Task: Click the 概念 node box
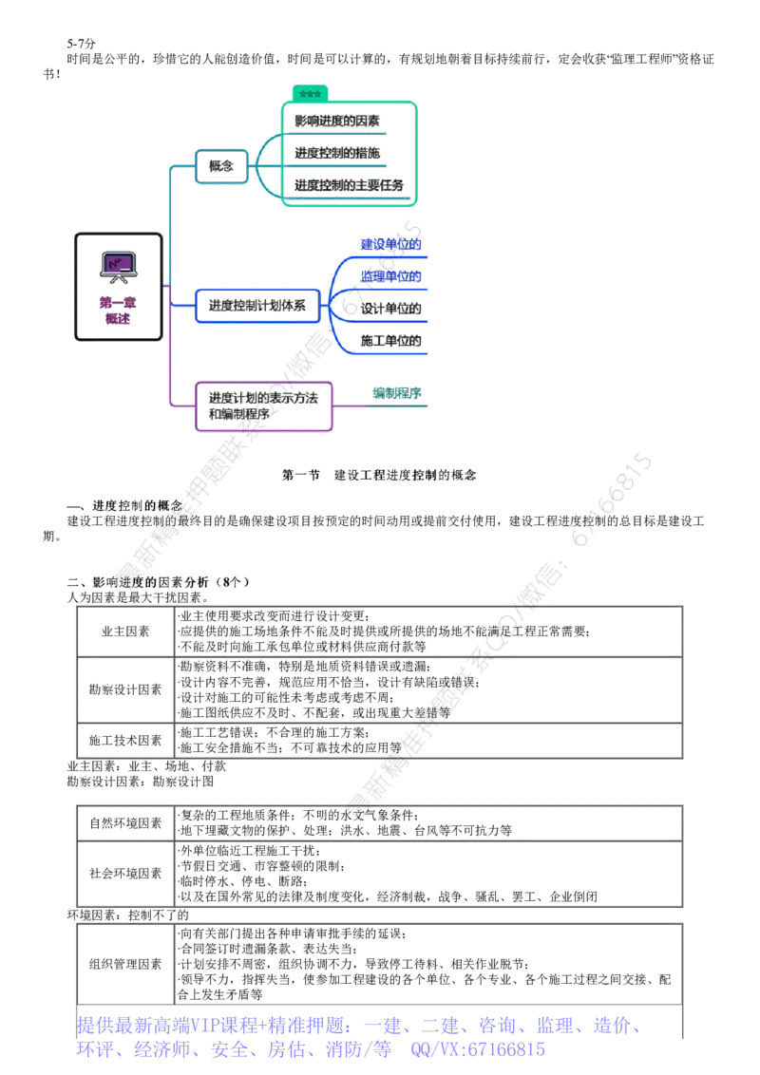(219, 166)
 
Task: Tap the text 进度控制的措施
(337, 152)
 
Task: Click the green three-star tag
(310, 93)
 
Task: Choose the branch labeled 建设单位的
(389, 245)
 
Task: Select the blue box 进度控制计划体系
(256, 306)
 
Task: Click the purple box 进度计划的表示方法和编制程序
(262, 405)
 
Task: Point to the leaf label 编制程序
(397, 393)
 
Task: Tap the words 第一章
(119, 303)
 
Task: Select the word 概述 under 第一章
(119, 320)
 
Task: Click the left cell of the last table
(123, 964)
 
